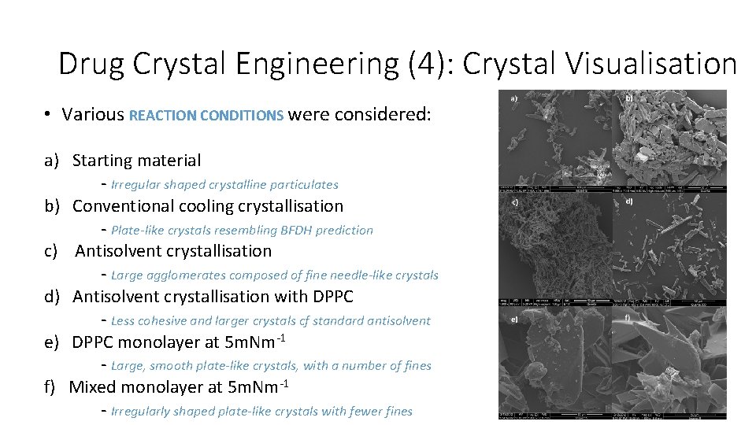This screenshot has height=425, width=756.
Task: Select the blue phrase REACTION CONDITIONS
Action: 206,115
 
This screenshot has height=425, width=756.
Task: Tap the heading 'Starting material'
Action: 136,161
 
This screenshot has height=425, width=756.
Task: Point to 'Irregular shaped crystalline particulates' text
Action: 224,185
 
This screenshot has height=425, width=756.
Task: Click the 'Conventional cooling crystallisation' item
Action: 208,206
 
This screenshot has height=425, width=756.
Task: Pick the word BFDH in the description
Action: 297,231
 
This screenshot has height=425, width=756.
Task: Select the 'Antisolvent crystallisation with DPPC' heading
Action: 213,297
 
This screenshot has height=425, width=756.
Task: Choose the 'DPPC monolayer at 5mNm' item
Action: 178,342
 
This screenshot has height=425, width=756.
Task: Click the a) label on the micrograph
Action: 514,99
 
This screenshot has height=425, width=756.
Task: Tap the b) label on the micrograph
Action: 629,98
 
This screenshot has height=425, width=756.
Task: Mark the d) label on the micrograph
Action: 629,201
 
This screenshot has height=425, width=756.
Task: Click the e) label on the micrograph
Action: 514,320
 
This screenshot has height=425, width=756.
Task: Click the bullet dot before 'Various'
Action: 48,115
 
